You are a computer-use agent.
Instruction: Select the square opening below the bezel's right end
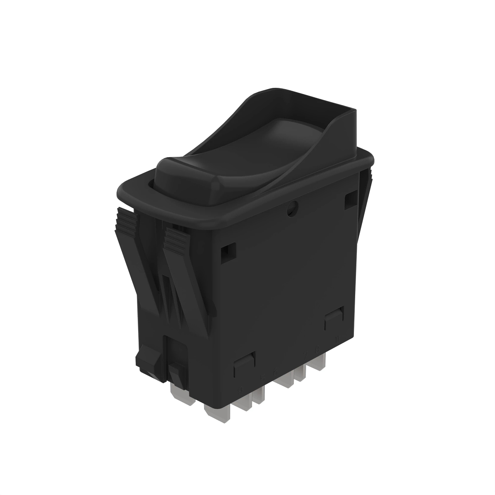pos(350,198)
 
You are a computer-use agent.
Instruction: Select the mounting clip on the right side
pos(365,198)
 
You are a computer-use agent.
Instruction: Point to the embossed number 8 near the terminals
pos(306,354)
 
